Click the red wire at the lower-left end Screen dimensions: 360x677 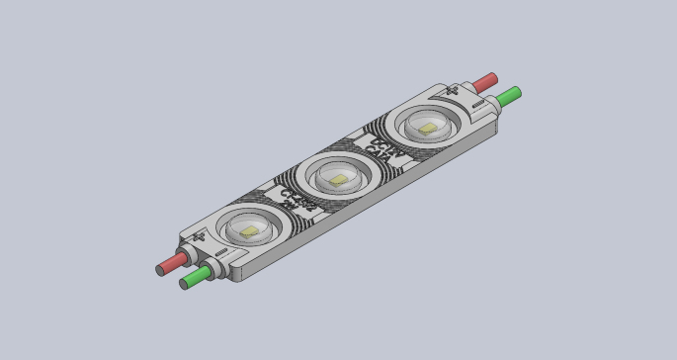point(174,262)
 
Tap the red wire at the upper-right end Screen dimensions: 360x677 point(484,81)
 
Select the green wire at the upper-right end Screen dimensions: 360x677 point(509,96)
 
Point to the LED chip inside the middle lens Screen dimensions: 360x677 point(339,179)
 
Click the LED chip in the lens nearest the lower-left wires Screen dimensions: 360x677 point(249,230)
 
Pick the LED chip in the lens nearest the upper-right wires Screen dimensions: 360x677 point(426,128)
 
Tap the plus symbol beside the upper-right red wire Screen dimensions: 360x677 point(454,91)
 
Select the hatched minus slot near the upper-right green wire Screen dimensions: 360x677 point(478,102)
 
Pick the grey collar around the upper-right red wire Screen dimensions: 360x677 point(470,88)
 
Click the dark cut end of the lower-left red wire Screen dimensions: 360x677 point(160,269)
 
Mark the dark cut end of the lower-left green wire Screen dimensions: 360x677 point(184,284)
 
